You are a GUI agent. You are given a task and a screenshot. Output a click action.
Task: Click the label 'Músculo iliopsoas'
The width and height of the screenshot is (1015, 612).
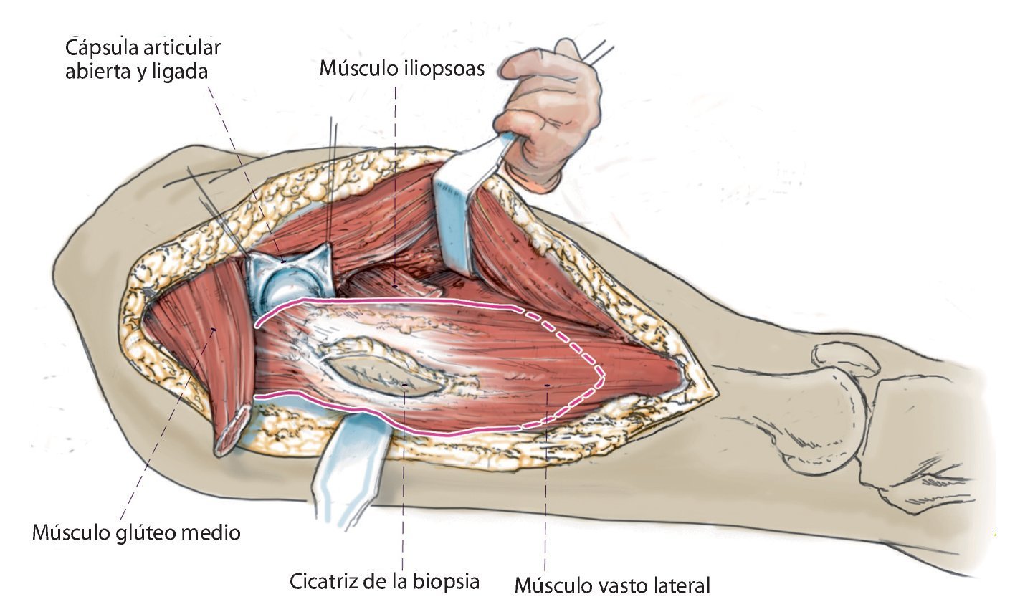pyautogui.click(x=401, y=70)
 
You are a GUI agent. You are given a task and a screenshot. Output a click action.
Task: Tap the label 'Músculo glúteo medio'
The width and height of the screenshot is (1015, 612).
pyautogui.click(x=136, y=532)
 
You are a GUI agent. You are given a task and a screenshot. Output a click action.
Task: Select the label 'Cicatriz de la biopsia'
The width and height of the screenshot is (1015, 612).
pyautogui.click(x=384, y=580)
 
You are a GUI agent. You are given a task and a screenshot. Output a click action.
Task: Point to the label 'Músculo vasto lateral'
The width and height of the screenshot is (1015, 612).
pyautogui.click(x=612, y=585)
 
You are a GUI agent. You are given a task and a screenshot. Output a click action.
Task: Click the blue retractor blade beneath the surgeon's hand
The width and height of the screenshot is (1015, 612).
pyautogui.click(x=459, y=215)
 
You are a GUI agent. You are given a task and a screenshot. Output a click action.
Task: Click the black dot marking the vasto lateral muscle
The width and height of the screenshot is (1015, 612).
pyautogui.click(x=548, y=387)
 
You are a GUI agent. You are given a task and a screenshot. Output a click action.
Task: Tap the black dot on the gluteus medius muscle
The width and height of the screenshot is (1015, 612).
pyautogui.click(x=214, y=330)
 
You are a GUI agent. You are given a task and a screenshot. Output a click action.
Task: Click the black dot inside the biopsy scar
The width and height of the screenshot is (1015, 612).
pyautogui.click(x=405, y=386)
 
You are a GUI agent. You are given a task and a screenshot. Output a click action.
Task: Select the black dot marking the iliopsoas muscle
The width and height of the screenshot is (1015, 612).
pyautogui.click(x=395, y=286)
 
